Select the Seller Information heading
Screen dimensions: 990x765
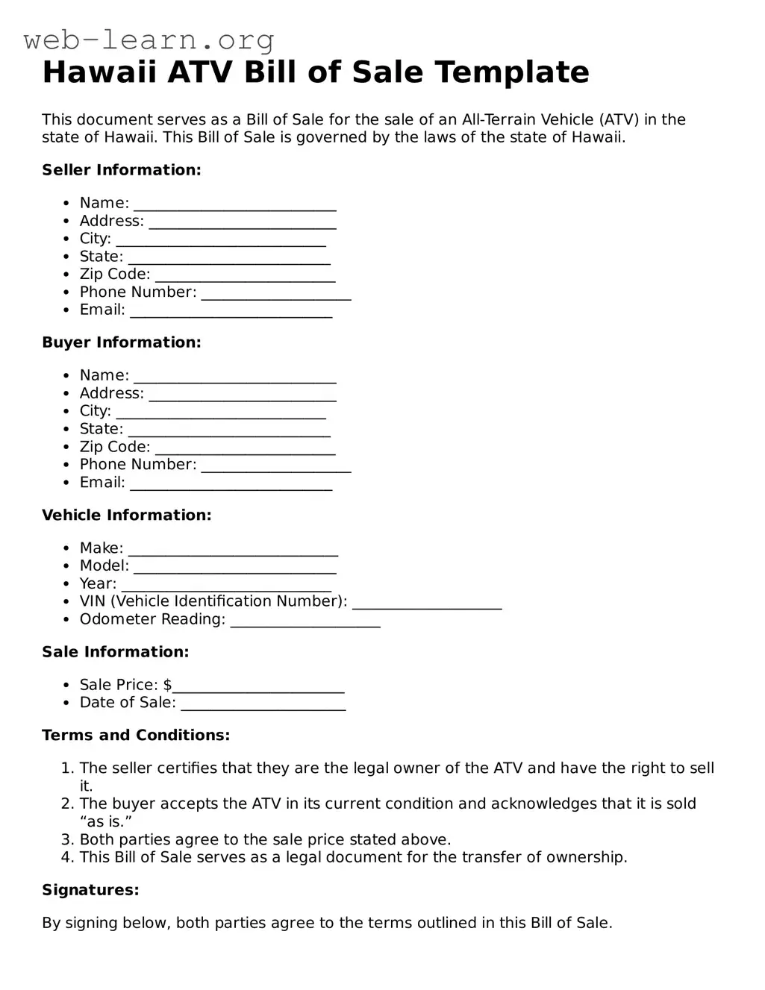[x=122, y=170]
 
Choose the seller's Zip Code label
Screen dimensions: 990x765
[x=115, y=275]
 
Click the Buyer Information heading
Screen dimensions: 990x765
[x=122, y=342]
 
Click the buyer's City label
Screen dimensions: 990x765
[x=96, y=411]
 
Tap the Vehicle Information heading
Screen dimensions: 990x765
[x=127, y=515]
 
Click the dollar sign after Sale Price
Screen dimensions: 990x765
[x=168, y=685]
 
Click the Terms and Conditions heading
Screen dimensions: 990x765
[x=136, y=735]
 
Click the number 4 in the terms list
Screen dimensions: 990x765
[x=66, y=857]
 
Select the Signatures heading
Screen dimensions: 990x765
[x=90, y=890]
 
